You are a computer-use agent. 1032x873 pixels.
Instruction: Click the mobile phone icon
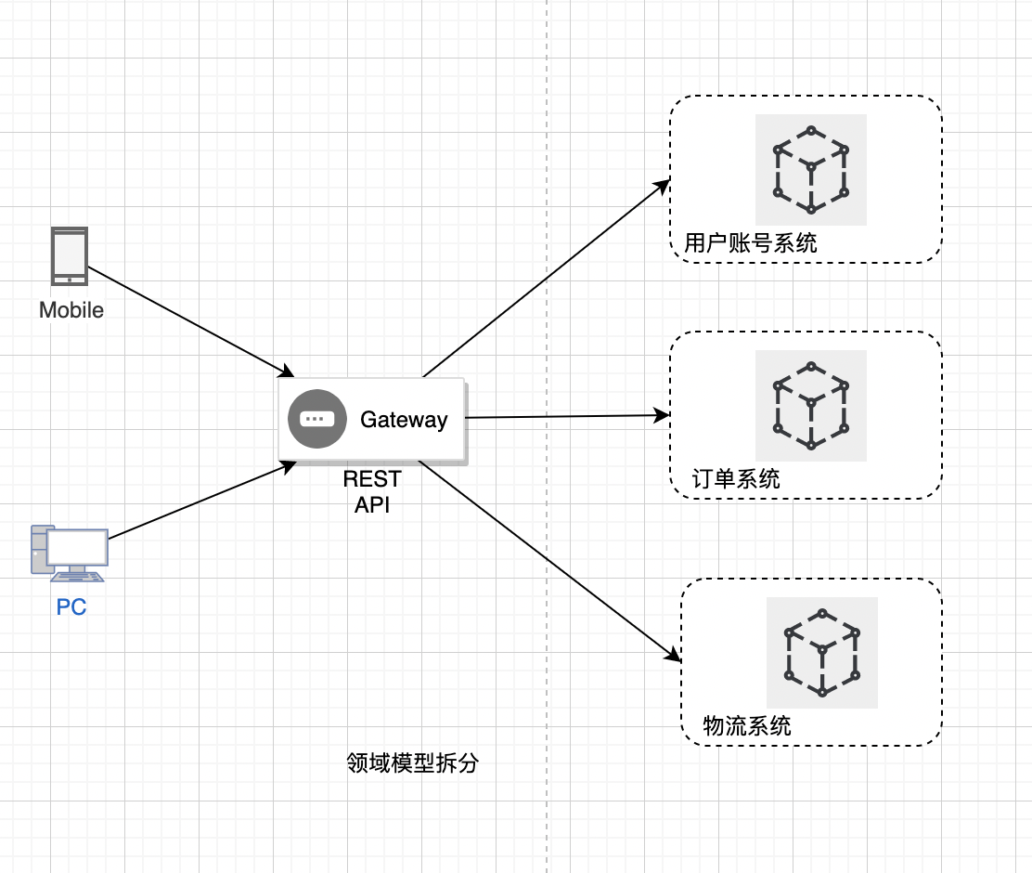click(69, 256)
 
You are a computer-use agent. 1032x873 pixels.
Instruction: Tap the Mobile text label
click(71, 310)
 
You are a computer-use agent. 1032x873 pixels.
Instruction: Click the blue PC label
click(71, 608)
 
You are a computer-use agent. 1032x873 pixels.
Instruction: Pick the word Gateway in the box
click(404, 420)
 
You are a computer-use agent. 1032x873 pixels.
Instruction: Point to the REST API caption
click(372, 491)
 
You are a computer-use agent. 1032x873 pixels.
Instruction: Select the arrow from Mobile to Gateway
click(190, 320)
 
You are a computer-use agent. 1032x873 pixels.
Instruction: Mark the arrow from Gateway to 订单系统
click(566, 416)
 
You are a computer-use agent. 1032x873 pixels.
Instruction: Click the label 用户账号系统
click(750, 243)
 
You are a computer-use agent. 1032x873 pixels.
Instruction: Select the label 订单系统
click(736, 479)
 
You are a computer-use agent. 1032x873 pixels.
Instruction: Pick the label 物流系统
click(747, 725)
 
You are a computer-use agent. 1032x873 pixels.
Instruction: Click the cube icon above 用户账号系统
click(811, 170)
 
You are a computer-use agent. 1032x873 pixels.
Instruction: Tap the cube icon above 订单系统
click(811, 406)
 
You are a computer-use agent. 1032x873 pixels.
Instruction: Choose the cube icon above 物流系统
click(822, 653)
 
